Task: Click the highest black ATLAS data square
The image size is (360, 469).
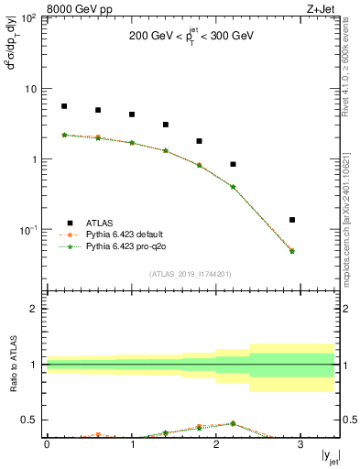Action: point(64,106)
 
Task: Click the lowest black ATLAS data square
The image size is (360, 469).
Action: point(292,220)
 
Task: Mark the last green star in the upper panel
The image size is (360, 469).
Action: point(292,251)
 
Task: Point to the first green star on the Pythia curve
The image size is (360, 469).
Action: point(64,135)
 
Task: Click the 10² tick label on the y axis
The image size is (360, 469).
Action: point(28,19)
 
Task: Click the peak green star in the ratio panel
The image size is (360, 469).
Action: point(234,423)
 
